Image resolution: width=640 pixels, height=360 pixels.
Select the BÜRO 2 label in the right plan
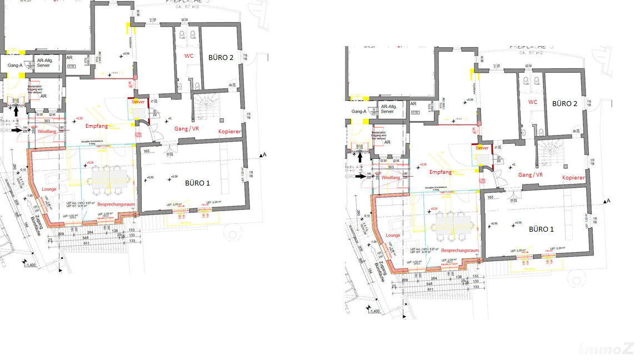564,104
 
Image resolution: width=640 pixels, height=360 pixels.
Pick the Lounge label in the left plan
49,189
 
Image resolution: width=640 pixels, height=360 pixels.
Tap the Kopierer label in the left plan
229,132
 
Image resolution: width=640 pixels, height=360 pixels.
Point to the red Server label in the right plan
482,148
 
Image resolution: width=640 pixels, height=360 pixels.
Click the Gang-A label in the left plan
15,65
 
